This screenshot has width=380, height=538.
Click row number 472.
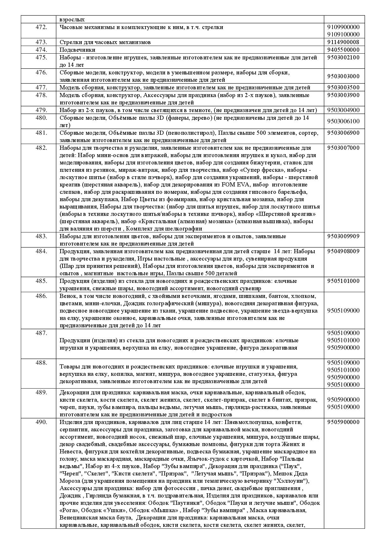point(41,27)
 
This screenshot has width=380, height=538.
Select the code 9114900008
point(343,42)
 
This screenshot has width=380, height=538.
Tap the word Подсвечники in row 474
point(77,50)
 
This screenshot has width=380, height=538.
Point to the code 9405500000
point(343,50)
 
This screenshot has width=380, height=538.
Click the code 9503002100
point(343,57)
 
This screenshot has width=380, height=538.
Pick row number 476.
point(41,72)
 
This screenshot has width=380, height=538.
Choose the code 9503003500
point(343,87)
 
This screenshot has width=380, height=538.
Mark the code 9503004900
point(343,110)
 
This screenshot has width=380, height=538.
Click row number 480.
point(41,118)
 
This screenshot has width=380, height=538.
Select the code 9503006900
point(343,133)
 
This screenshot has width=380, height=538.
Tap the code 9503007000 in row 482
point(343,148)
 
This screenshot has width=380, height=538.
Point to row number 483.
point(41,236)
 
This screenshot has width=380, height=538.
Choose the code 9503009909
point(343,236)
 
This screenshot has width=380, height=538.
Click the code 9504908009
point(343,251)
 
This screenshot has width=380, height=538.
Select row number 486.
point(41,296)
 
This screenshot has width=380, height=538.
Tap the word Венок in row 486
point(68,296)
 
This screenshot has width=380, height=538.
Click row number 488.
point(41,363)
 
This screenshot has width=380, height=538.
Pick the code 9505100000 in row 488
point(343,385)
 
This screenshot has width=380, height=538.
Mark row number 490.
point(41,422)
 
